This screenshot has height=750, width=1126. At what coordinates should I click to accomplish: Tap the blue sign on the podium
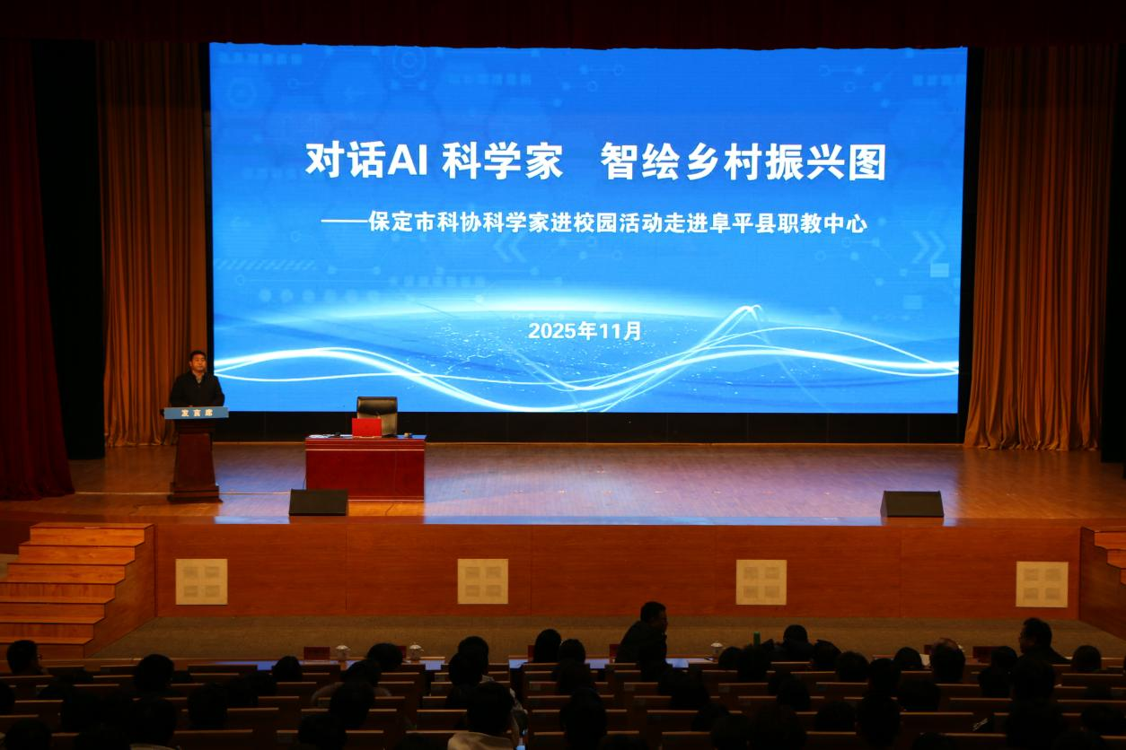[x=196, y=413]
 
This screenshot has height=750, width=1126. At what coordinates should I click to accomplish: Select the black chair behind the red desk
[x=378, y=414]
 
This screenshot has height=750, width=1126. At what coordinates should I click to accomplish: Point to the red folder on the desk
[x=366, y=427]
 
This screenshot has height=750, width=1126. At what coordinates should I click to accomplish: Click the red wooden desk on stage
[x=365, y=467]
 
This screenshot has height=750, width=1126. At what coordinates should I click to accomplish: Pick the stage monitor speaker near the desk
[x=318, y=502]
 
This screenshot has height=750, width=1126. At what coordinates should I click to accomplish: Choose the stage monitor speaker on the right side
[x=911, y=504]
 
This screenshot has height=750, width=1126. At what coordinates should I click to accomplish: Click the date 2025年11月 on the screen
[x=585, y=331]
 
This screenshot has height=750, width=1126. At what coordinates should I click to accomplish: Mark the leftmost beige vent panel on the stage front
[x=201, y=581]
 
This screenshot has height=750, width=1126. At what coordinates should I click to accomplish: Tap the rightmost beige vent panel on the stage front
[x=1042, y=584]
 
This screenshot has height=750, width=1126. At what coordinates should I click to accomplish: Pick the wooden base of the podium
[x=194, y=462]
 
